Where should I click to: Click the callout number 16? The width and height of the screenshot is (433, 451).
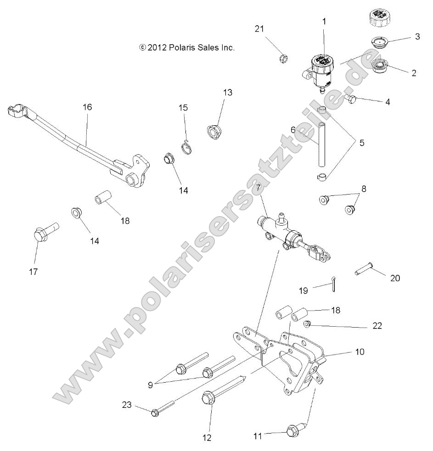point(87,107)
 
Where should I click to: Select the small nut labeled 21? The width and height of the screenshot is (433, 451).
point(284,59)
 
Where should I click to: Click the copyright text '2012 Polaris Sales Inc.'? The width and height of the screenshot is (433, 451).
point(187,47)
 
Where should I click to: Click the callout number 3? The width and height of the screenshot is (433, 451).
point(417,37)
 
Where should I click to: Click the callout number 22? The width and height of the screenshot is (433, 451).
point(377,326)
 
